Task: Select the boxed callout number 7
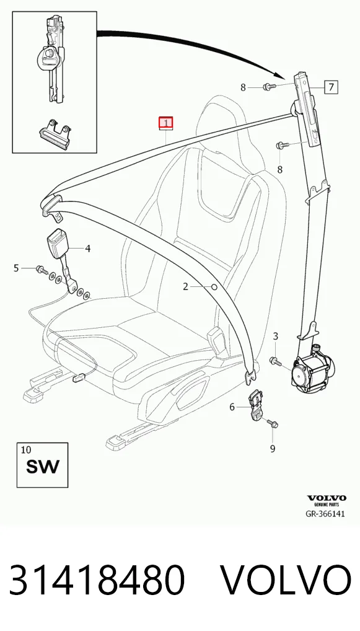pyautogui.click(x=331, y=87)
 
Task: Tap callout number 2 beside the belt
pyautogui.click(x=185, y=286)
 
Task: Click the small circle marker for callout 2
pyautogui.click(x=214, y=287)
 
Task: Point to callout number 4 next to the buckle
pyautogui.click(x=88, y=249)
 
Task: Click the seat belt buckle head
pyautogui.click(x=59, y=242)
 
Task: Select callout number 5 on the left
pyautogui.click(x=16, y=268)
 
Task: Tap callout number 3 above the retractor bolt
pyautogui.click(x=276, y=337)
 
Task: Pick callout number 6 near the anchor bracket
pyautogui.click(x=232, y=407)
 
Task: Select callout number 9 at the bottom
pyautogui.click(x=273, y=448)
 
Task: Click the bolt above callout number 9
pyautogui.click(x=272, y=423)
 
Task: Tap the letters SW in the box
pyautogui.click(x=42, y=466)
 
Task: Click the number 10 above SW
pyautogui.click(x=25, y=449)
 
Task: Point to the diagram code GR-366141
pyautogui.click(x=325, y=514)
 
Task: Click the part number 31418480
pyautogui.click(x=97, y=580)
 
